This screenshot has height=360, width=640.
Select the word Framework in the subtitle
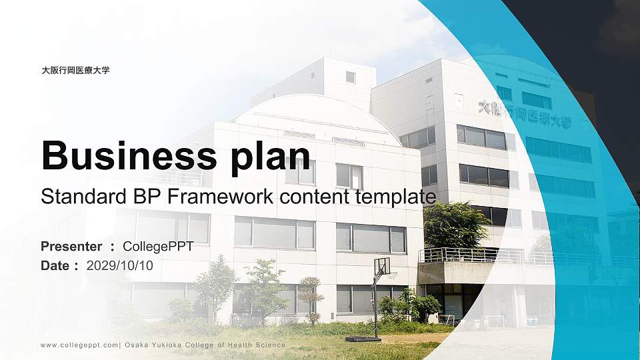225,197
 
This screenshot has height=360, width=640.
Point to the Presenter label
71,247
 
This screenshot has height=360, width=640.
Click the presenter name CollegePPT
158,247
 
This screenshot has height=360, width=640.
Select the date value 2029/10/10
120,265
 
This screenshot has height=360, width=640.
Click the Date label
55,265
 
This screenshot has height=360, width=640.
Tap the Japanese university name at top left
75,70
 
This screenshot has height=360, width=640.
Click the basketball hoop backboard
382,267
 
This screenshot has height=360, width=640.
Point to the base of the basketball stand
353,338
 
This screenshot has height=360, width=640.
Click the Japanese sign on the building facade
525,114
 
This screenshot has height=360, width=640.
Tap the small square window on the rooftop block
350,77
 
